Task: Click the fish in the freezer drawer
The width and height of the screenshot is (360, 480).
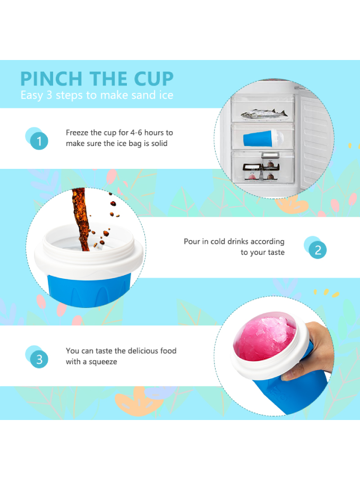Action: tap(264, 114)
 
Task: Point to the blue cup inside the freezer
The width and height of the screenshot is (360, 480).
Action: tap(263, 139)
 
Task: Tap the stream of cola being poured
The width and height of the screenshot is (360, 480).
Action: tap(81, 219)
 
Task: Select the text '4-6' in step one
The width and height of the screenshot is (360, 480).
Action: tap(136, 133)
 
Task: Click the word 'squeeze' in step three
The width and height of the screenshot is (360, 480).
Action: tap(103, 362)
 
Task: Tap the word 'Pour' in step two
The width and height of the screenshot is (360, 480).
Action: tap(192, 241)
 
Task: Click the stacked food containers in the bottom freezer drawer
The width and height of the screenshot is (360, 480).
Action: tap(261, 167)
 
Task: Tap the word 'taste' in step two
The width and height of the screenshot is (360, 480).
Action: tap(276, 252)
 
